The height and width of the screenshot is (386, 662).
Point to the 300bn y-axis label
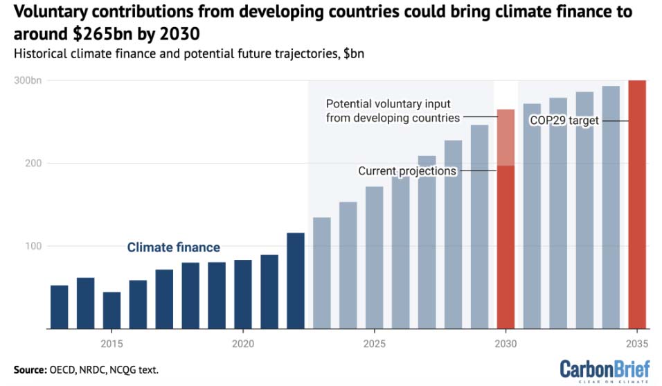point(28,81)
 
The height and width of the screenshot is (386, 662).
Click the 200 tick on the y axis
point(33,164)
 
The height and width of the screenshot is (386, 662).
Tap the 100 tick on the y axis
point(33,246)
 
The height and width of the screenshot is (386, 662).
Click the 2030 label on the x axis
point(506,344)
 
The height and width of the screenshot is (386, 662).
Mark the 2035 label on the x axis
point(637,344)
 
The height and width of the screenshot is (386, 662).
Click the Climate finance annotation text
point(173,247)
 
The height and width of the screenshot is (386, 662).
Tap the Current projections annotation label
point(407,170)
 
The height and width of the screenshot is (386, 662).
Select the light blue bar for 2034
point(611,207)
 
